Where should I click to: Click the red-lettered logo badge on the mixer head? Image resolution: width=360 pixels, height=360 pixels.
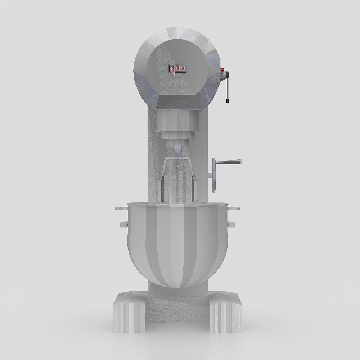click(x=178, y=69)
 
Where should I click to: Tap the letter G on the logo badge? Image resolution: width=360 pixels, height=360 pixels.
click(x=172, y=69)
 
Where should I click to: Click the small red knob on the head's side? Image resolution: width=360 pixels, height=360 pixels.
click(x=222, y=70)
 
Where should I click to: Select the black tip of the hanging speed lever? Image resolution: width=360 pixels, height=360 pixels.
click(x=228, y=100)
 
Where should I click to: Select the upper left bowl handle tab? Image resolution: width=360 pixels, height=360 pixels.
click(x=121, y=208)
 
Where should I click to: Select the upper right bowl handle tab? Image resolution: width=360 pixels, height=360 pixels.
click(x=234, y=208)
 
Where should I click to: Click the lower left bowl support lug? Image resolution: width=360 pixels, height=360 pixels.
click(x=124, y=224)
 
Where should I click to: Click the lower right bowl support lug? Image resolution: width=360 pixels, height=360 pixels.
click(x=231, y=224)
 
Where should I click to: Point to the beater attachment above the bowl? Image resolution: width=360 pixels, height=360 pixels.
click(x=177, y=180)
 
